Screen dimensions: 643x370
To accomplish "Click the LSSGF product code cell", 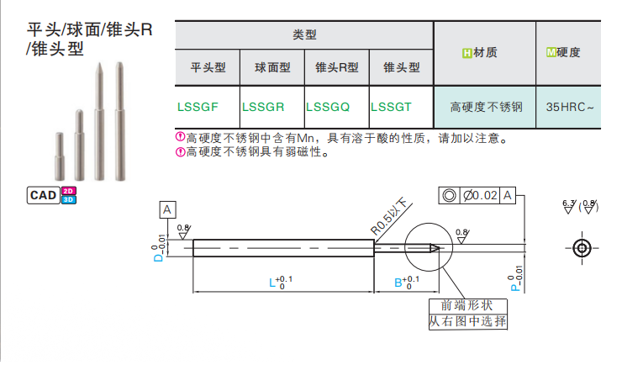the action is click(x=198, y=107).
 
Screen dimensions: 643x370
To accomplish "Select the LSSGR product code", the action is click(x=263, y=107).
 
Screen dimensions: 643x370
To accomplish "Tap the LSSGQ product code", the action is click(x=328, y=107).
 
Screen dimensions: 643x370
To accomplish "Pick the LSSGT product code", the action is click(x=391, y=107).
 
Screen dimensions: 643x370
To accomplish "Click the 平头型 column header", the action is click(x=208, y=67).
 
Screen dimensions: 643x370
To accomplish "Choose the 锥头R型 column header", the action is click(x=337, y=67).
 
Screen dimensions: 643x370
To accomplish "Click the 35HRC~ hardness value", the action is click(x=570, y=107).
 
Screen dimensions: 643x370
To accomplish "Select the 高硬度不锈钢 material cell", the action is click(x=487, y=107).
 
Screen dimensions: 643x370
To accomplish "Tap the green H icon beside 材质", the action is click(x=466, y=53).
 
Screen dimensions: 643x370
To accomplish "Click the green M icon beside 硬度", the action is click(x=551, y=52).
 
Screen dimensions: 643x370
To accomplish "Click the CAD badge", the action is click(x=43, y=195).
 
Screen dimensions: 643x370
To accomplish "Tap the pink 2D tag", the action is click(x=68, y=191).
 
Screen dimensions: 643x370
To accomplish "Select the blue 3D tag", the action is click(x=68, y=199).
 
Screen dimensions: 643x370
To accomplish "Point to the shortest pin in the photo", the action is click(x=60, y=156).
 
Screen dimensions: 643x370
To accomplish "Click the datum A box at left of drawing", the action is click(x=167, y=209).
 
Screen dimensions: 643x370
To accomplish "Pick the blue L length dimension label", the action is click(x=272, y=283).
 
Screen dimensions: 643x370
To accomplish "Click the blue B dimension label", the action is click(x=398, y=283).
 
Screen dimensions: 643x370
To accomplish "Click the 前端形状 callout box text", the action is click(x=467, y=305).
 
